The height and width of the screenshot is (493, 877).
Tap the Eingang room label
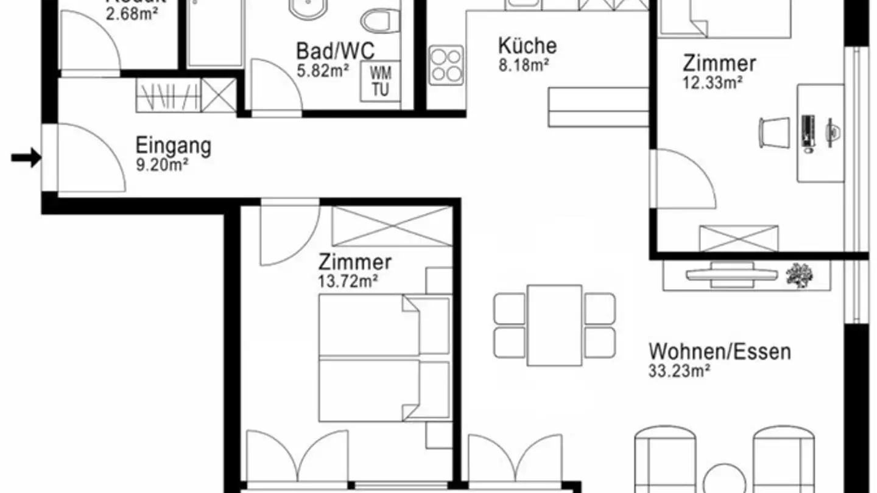173,146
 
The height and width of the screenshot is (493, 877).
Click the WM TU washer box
381,81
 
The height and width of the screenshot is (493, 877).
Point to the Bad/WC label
335,51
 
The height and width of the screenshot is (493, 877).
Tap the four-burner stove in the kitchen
446,65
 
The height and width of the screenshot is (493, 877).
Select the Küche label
527,46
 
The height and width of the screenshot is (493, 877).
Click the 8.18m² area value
524,65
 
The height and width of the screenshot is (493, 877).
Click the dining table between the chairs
554,325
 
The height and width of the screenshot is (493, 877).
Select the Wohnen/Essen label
719,352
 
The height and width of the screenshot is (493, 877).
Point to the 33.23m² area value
680,371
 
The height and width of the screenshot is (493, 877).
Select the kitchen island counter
598,107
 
